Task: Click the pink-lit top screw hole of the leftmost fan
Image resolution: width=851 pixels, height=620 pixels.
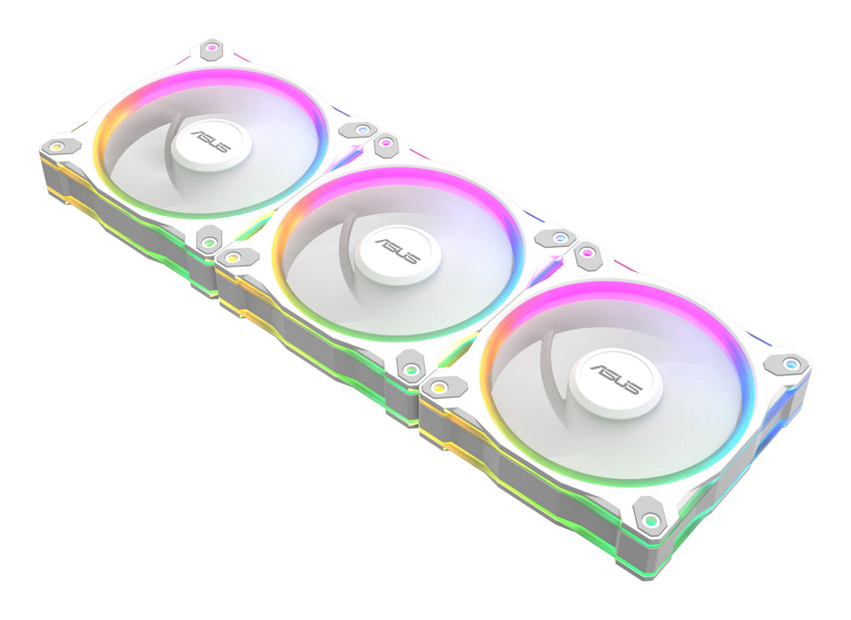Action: pyautogui.click(x=211, y=47)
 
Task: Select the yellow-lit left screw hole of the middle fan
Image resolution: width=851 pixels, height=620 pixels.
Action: pyautogui.click(x=233, y=257)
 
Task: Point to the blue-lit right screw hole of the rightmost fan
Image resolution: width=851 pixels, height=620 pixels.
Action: pyautogui.click(x=785, y=363)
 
